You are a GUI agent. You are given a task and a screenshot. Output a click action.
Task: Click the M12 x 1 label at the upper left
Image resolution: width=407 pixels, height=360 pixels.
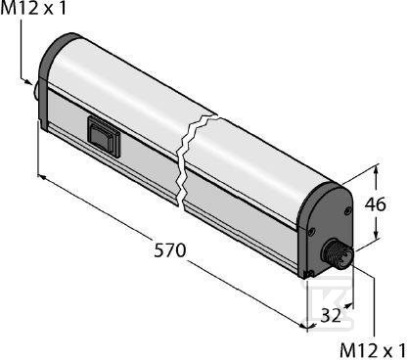tap(33, 8)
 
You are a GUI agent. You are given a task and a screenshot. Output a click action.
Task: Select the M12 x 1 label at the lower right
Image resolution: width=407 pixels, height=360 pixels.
tap(373, 350)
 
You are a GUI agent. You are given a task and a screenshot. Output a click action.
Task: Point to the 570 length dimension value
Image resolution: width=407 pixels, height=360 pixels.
tap(169, 250)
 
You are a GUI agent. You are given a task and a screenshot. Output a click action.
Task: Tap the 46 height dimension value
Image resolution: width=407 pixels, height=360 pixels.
tap(375, 204)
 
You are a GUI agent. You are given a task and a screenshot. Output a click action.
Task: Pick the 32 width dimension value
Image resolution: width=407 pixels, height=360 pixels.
tap(331, 315)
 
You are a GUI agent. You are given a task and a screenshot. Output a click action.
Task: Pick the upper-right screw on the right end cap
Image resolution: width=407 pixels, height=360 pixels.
tap(347, 211)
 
